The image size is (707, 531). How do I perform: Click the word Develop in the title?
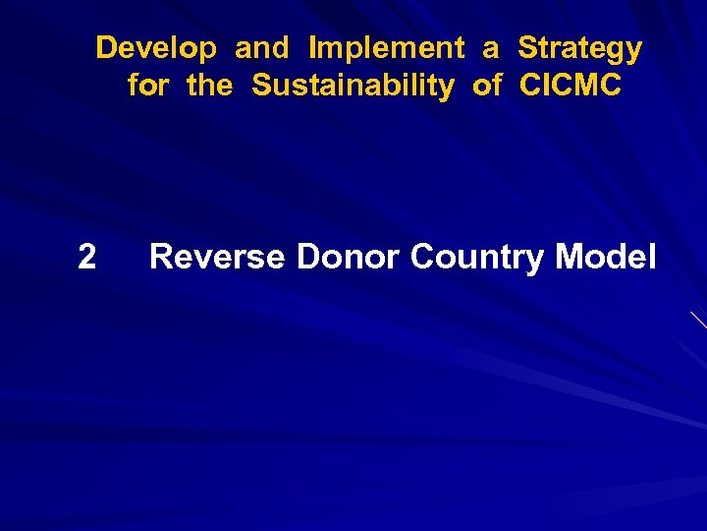pos(157,48)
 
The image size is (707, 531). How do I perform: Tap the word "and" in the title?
pos(262,47)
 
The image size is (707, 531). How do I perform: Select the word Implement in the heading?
pos(386,48)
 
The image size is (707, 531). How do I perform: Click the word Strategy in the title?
pos(579,48)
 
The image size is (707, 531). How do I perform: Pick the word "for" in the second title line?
pos(148,87)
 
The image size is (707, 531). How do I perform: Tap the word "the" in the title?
pos(210,87)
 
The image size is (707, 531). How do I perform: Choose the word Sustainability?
pos(353,87)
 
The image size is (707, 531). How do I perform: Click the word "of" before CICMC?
pos(487,87)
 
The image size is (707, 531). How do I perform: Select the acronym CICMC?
pos(571,87)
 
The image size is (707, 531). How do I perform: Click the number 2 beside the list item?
pos(86,258)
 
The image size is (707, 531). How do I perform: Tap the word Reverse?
pos(218,258)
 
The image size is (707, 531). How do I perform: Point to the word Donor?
pos(349,258)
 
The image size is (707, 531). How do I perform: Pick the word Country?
pos(478,258)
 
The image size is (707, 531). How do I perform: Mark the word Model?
pos(606,258)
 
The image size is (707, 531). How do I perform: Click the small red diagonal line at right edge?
pos(699,320)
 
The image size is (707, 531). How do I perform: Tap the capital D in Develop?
pos(106,48)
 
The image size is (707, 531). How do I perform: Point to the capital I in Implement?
pos(313,48)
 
